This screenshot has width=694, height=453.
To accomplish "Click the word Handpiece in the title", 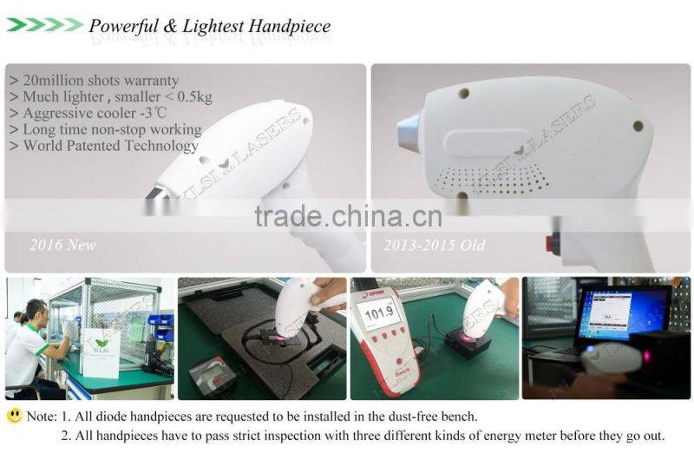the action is click(289, 26).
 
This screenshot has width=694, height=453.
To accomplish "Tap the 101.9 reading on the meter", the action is click(380, 312).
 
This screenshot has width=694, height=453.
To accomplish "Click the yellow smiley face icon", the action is click(15, 416).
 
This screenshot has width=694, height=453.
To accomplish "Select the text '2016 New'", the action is click(62, 245).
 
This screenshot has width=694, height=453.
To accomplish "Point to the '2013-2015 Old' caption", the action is click(435, 245).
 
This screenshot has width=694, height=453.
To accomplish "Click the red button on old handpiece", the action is click(553, 243).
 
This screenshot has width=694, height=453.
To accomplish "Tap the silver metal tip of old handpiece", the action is click(409, 132).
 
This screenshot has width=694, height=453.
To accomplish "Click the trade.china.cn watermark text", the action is click(349, 216).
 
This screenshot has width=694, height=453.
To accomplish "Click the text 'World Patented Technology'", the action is click(103, 146).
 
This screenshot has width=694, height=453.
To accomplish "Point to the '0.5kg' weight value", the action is click(194, 96).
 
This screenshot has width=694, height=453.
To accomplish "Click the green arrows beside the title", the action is click(45, 25).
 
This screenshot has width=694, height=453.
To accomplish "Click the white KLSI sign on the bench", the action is click(101, 352).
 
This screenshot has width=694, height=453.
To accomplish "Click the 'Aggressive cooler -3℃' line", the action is click(88, 114).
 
